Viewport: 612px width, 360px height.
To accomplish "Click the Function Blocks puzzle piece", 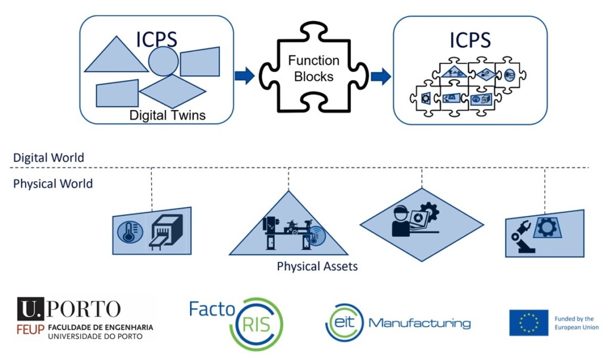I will [x=313, y=69].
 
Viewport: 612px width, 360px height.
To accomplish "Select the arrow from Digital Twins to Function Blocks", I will [x=244, y=76].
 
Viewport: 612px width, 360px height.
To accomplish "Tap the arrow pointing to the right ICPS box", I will [x=380, y=76].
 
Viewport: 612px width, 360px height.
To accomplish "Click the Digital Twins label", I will [x=167, y=115].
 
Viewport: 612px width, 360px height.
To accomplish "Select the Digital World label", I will [x=48, y=158].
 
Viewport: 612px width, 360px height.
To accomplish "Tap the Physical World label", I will [x=53, y=184].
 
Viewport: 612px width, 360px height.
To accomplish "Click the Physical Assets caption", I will [x=317, y=266].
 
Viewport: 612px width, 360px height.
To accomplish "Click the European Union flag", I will [x=528, y=323].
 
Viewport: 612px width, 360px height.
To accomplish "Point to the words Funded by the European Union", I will [x=576, y=323].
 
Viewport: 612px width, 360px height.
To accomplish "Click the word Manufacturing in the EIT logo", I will [x=420, y=323].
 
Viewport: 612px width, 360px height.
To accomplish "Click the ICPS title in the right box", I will [x=470, y=40].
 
